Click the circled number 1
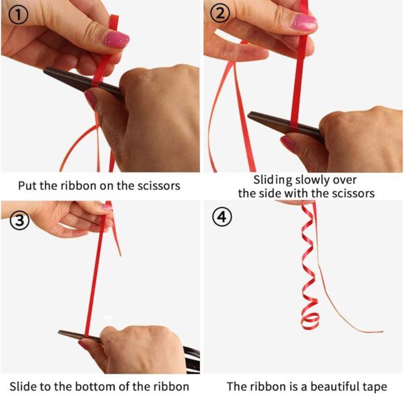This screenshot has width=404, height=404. pyautogui.click(x=18, y=15)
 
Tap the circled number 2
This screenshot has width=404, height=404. pyautogui.click(x=220, y=13)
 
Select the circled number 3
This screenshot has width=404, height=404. pyautogui.click(x=20, y=221)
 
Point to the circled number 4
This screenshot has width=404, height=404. pyautogui.click(x=222, y=217)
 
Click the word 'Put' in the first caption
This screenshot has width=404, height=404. pyautogui.click(x=28, y=186)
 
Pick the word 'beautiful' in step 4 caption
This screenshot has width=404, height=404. pyautogui.click(x=335, y=386)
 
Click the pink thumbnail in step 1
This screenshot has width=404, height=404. pyautogui.click(x=116, y=40)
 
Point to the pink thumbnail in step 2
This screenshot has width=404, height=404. pyautogui.click(x=304, y=22)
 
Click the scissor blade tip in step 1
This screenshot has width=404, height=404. pyautogui.click(x=44, y=69)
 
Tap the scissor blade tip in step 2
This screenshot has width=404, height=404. pyautogui.click(x=248, y=114)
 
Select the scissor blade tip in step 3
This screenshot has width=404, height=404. pyautogui.click(x=59, y=332)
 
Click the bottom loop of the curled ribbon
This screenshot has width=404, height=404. pyautogui.click(x=310, y=321)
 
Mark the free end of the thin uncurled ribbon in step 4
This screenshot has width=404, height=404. pyautogui.click(x=382, y=331)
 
